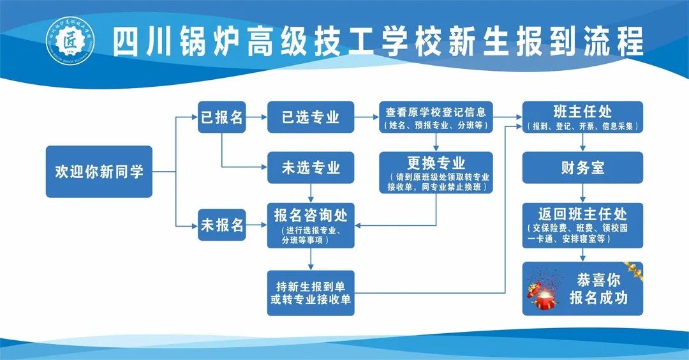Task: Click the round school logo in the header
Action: pos(70,41)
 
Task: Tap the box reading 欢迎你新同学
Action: pos(99,172)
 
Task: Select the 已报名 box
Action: pos(221,117)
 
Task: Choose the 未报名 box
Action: pos(221,225)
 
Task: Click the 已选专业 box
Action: pos(311,117)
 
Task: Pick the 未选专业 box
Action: pos(311,168)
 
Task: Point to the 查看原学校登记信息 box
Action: pos(436,117)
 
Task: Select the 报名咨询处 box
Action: pos(311,225)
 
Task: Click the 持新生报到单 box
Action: pos(311,293)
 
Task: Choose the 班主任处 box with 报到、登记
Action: pos(582,117)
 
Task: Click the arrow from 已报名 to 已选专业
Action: pos(256,117)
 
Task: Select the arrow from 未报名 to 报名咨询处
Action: pos(256,225)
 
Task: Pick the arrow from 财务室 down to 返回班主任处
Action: pos(582,194)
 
